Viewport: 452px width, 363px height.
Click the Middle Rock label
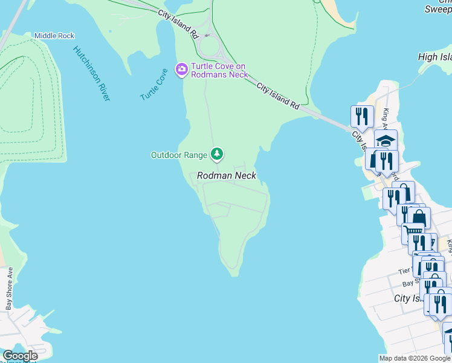coord(54,36)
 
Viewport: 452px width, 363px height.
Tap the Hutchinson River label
coord(91,73)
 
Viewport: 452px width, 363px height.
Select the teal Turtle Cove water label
coord(153,85)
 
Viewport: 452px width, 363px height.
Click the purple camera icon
coord(181,70)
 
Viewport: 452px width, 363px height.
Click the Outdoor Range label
coord(178,155)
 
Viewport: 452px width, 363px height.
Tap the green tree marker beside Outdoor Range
coord(217,154)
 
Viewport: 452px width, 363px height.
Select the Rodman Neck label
coord(227,176)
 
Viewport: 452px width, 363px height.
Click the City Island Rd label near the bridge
coord(278,96)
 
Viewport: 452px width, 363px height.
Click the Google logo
coord(20,356)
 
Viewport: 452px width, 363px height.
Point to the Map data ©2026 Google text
coord(415,358)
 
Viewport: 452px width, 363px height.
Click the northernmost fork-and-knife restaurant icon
coord(362,116)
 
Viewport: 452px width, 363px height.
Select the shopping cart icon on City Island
coord(413,232)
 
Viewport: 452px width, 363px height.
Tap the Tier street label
coord(404,272)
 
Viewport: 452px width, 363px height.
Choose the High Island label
coord(434,57)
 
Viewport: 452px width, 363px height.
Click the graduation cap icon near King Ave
coord(386,140)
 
